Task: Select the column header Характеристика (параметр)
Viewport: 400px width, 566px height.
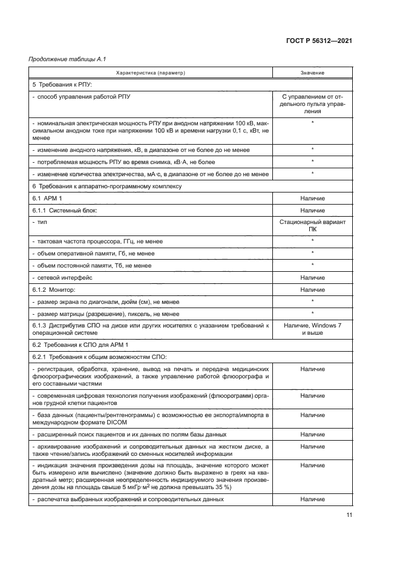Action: click(x=150, y=73)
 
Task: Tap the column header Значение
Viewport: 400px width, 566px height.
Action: click(x=312, y=73)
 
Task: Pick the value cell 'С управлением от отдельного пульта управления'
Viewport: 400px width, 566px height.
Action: click(x=312, y=104)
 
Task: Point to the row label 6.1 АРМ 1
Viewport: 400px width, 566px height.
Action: click(x=48, y=198)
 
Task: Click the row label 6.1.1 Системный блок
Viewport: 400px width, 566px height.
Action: click(x=64, y=210)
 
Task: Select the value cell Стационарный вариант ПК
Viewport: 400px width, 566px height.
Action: click(x=312, y=226)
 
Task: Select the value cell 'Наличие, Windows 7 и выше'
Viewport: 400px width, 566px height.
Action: click(x=312, y=329)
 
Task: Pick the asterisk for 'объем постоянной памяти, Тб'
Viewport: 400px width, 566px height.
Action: click(x=312, y=265)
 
